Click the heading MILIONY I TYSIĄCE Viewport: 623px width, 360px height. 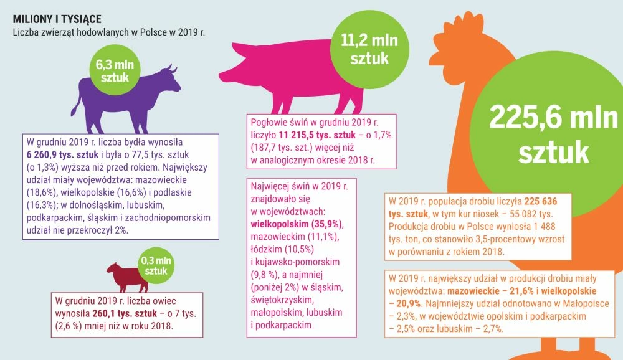(57, 19)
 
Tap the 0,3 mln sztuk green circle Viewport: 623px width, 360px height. (156, 265)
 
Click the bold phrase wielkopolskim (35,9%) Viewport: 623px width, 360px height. (297, 224)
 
